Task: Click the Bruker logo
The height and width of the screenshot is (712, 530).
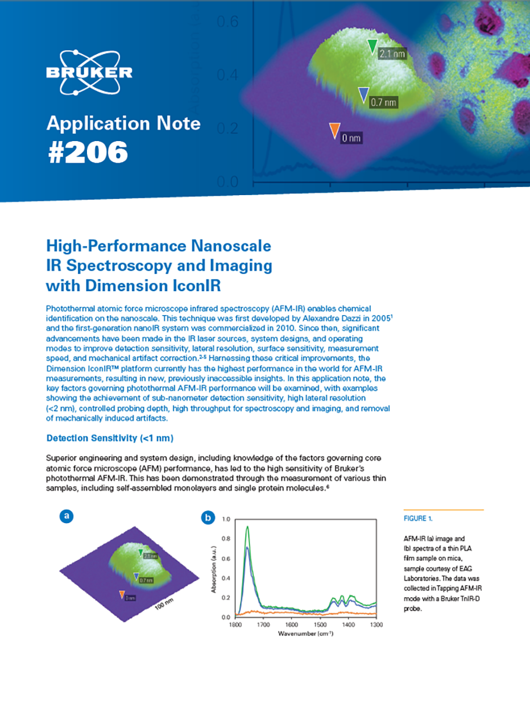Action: pos(90,72)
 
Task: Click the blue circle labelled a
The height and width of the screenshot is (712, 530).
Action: pos(67,516)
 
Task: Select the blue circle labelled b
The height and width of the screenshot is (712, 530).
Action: pos(208,518)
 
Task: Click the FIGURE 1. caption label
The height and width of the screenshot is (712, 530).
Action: pos(418,519)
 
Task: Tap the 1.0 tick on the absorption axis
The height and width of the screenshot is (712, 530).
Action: pos(226,520)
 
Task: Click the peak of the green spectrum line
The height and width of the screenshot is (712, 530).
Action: pos(247,527)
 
